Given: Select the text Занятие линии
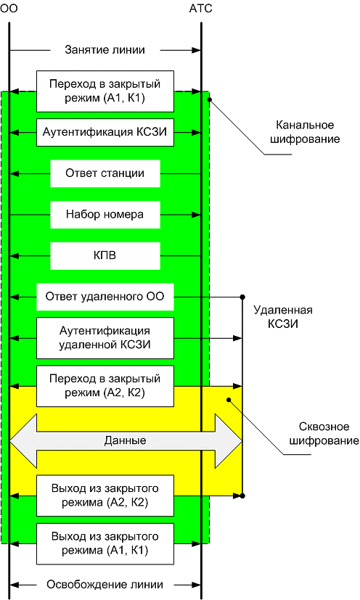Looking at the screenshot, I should pos(105,50).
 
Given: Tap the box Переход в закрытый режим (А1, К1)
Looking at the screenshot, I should pos(105,91).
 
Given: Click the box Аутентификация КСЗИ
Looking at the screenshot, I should pos(105,132).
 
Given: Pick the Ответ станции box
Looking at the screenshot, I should pos(105,173).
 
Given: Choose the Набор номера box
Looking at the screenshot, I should pos(105,215).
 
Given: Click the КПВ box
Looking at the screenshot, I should pos(105,255).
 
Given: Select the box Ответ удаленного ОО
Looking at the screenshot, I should pos(105,296).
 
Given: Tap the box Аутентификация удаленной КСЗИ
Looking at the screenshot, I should pos(105,337).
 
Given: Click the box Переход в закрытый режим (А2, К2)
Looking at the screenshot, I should pos(105,386).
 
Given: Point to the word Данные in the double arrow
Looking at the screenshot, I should pos(125,440).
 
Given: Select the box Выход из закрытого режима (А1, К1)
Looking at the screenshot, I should pos(105,543).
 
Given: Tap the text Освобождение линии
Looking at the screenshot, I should pos(105,584).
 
